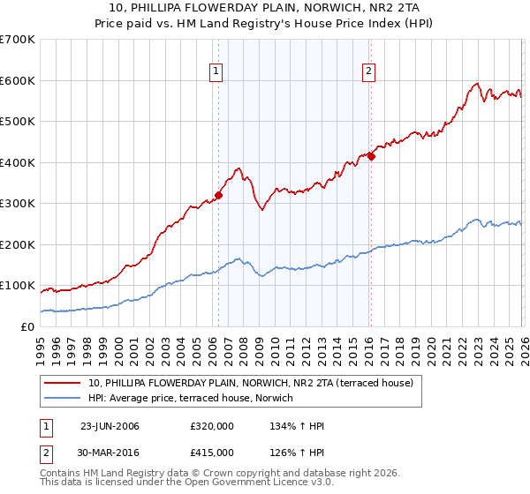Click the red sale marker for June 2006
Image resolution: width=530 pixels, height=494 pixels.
(x=218, y=196)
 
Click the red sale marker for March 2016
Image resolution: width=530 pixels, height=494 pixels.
(x=371, y=157)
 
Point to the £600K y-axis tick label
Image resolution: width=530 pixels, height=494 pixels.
(x=18, y=80)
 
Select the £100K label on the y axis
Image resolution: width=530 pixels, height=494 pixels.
(x=18, y=286)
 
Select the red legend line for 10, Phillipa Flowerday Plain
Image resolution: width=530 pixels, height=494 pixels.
(x=64, y=383)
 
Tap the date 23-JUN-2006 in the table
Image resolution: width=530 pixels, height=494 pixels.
(x=109, y=426)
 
